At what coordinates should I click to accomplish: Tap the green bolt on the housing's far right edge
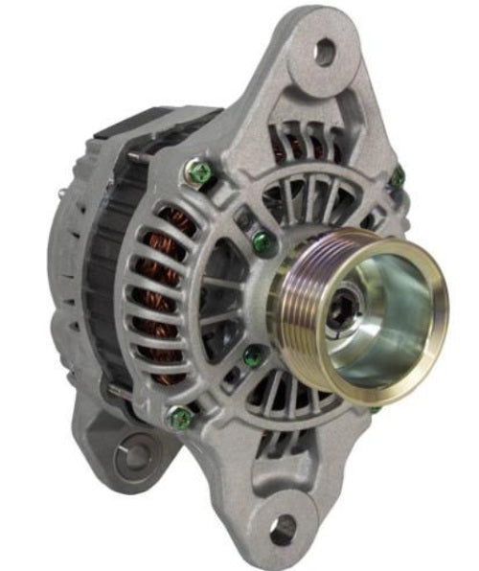tap(397, 177)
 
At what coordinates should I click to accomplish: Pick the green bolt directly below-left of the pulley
tap(253, 357)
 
